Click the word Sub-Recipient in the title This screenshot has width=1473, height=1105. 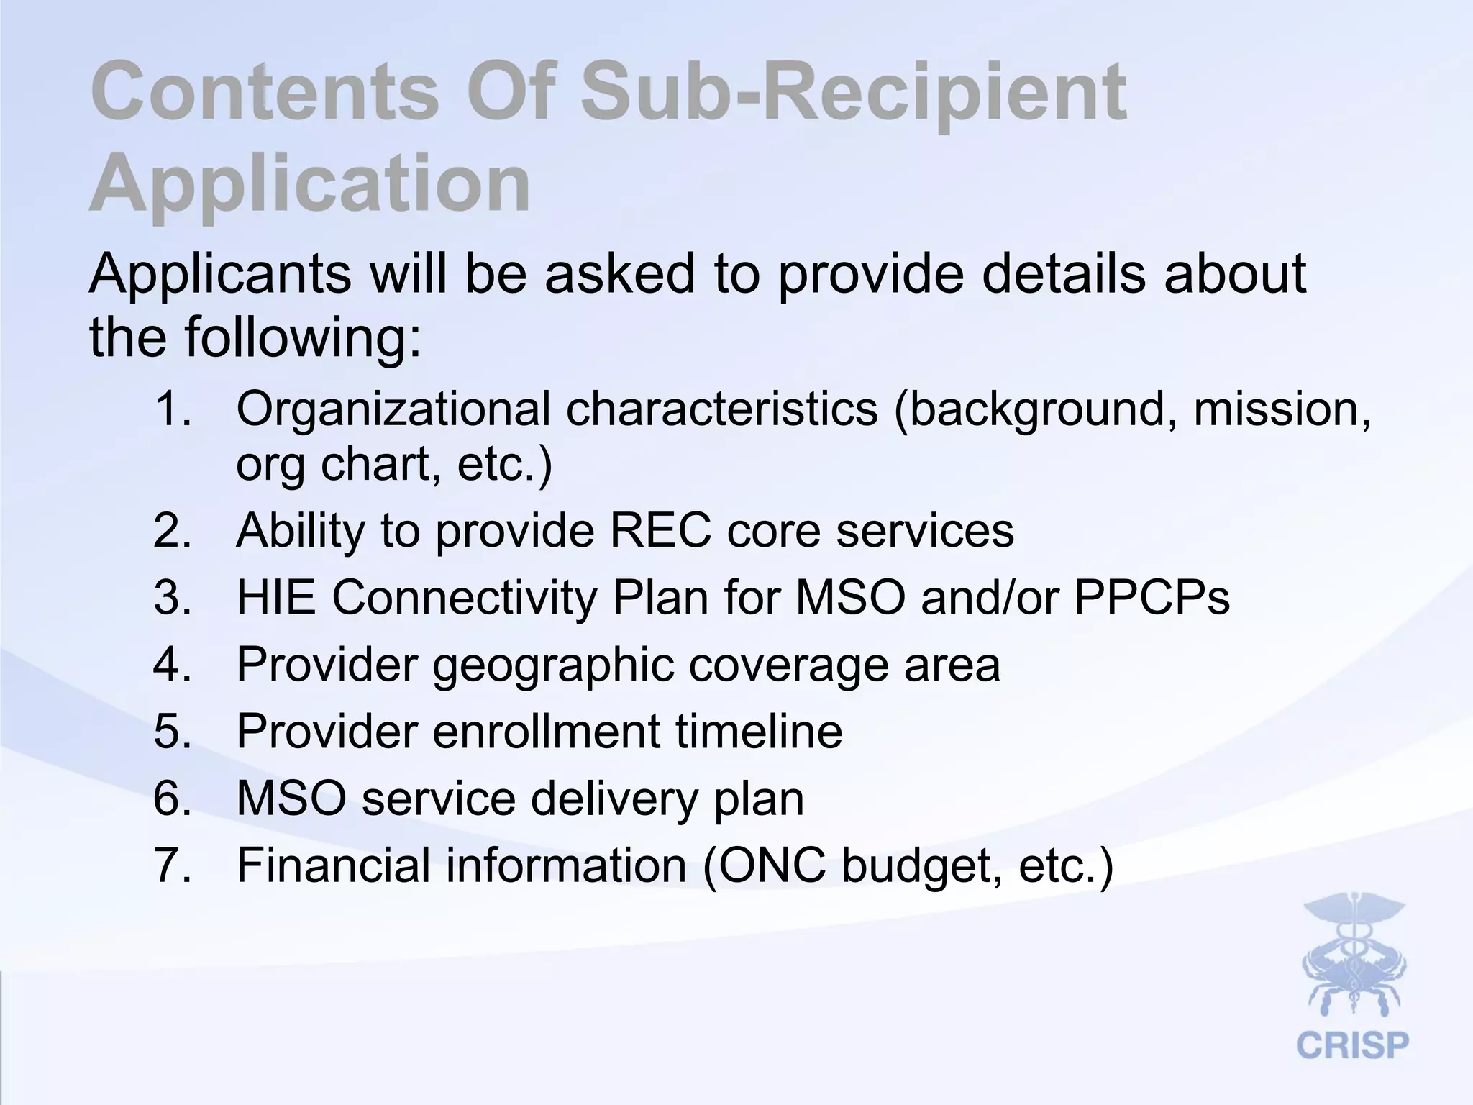pyautogui.click(x=853, y=94)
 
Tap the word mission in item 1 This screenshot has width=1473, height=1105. pyautogui.click(x=1281, y=409)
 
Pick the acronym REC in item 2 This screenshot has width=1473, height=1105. pyautogui.click(x=661, y=531)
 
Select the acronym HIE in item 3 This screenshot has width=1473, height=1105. pyautogui.click(x=276, y=597)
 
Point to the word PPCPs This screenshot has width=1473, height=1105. pyautogui.click(x=1152, y=597)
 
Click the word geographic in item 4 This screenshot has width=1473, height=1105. pyautogui.click(x=554, y=666)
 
